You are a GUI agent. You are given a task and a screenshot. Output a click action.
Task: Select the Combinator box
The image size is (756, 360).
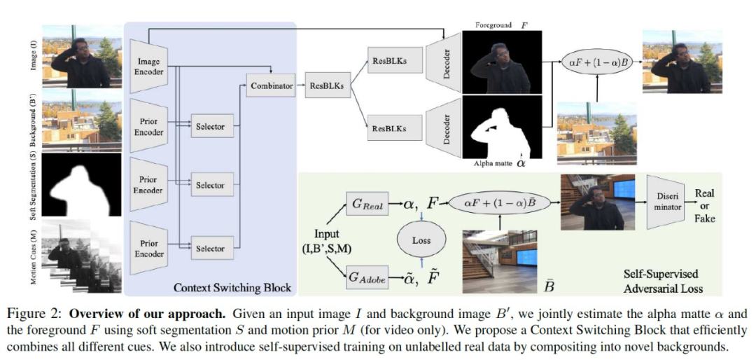272,86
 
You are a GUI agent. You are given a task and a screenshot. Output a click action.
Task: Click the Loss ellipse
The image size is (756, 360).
421,240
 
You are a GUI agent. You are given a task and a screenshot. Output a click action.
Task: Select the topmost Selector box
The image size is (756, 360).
210,126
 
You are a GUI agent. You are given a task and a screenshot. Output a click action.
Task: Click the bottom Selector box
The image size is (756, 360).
210,249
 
